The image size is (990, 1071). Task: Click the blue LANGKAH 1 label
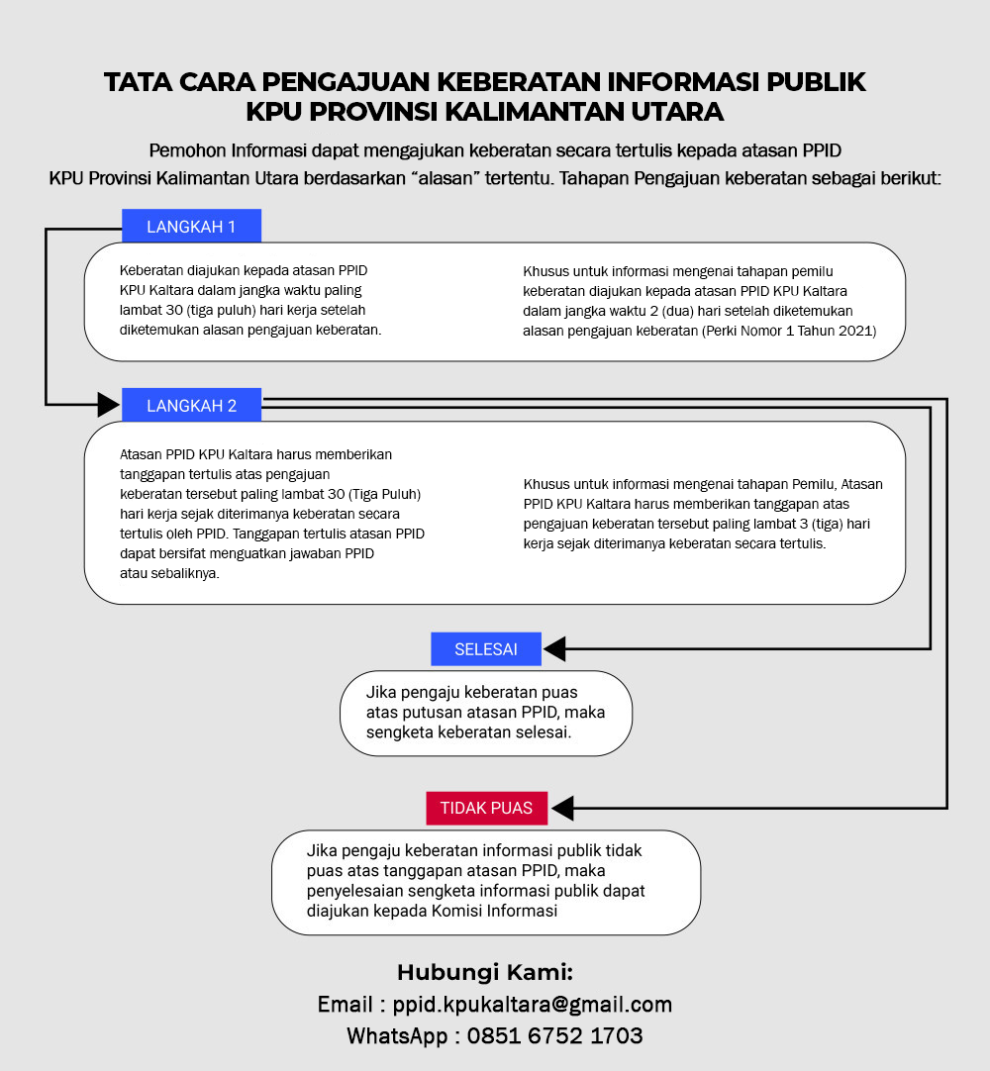tap(191, 227)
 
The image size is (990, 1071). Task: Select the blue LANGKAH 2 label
tap(191, 405)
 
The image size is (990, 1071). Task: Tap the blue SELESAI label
tap(486, 649)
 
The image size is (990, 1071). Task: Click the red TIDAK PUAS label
tap(486, 808)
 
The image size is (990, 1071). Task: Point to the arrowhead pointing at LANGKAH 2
tap(108, 404)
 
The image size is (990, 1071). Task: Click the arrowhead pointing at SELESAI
tap(554, 649)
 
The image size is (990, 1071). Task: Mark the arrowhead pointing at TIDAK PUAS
tap(562, 808)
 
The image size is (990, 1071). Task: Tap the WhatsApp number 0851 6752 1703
tap(554, 1036)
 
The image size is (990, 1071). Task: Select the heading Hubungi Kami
tap(485, 971)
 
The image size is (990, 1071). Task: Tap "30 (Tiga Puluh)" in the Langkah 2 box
tap(375, 493)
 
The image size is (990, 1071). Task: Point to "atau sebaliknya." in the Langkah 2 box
tap(169, 573)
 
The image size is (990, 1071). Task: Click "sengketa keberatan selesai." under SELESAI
tap(468, 732)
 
